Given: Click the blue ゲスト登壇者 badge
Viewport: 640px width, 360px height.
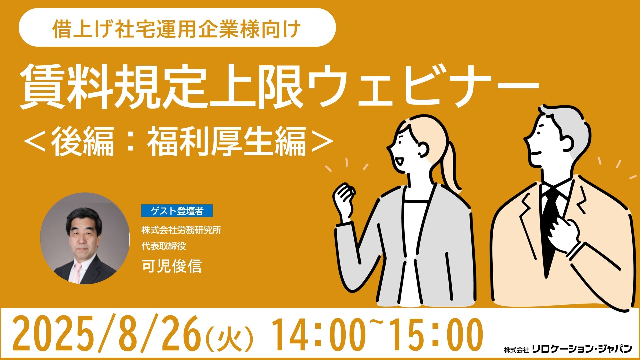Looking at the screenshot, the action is [177, 211].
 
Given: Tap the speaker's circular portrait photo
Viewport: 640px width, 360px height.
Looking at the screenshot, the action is [85, 238].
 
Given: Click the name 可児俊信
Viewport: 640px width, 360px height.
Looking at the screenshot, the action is [172, 266].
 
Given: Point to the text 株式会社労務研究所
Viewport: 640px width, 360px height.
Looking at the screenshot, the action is [181, 230].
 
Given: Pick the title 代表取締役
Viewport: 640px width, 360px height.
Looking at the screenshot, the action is [164, 246].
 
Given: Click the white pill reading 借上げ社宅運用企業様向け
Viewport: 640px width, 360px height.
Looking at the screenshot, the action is [177, 27].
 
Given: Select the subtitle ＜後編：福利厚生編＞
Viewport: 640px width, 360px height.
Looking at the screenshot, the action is [179, 142].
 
